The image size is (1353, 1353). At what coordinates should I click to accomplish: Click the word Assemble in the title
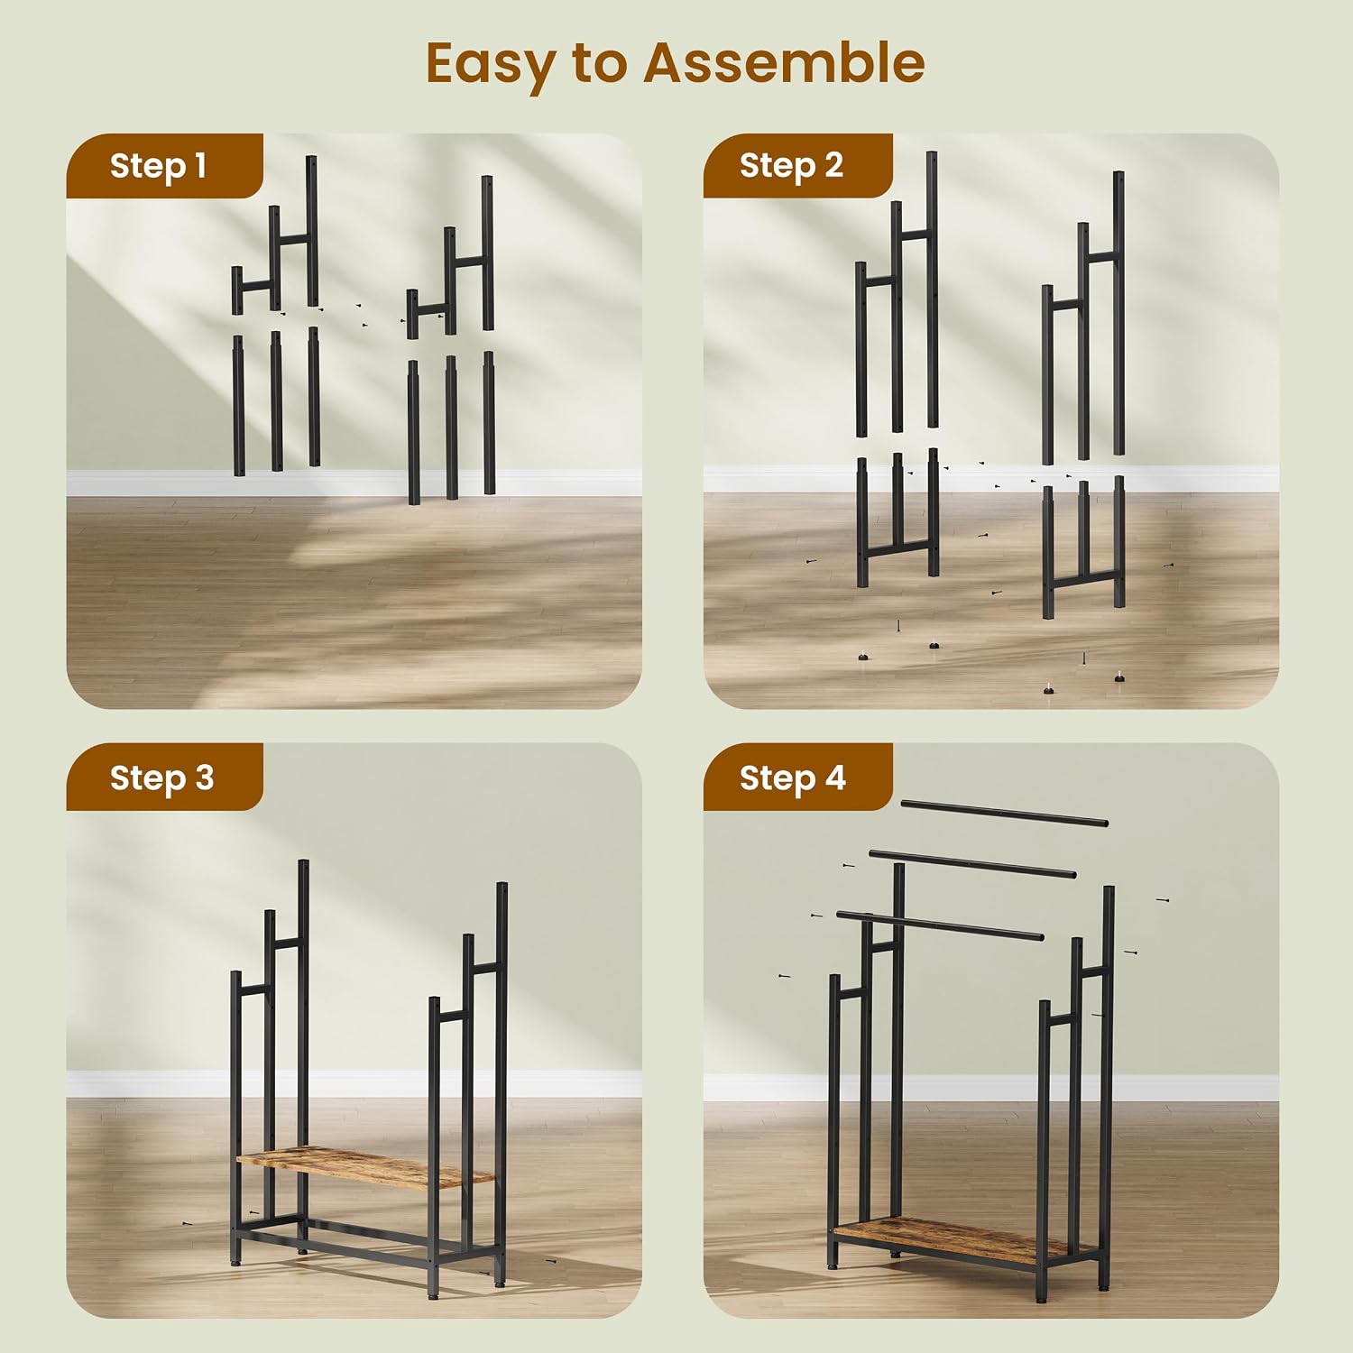click(x=784, y=62)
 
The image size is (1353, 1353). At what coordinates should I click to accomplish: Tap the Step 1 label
click(x=158, y=166)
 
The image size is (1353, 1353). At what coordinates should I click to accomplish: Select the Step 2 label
click(x=791, y=166)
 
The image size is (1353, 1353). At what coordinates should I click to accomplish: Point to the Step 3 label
click(x=161, y=778)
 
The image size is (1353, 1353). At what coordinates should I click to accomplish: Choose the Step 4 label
click(x=792, y=778)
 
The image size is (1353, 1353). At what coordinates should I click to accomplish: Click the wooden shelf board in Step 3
click(x=364, y=1167)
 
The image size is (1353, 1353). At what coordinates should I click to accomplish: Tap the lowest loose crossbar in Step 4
click(x=940, y=926)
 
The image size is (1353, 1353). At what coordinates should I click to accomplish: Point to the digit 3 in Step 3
click(x=205, y=777)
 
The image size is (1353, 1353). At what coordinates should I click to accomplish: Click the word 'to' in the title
click(x=599, y=65)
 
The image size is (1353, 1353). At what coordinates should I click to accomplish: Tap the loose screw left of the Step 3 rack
click(x=186, y=1224)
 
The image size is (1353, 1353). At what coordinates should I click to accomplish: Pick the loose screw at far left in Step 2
click(x=814, y=561)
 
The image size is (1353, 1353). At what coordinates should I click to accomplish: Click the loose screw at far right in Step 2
click(x=1169, y=566)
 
